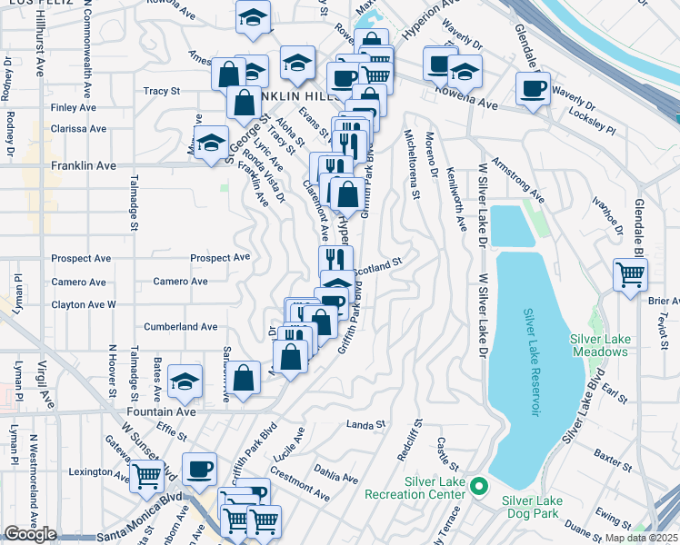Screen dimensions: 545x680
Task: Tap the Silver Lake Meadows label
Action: pos(600,345)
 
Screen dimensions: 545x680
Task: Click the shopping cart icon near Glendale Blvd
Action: pos(630,273)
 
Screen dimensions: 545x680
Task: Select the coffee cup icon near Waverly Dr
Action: pos(533,88)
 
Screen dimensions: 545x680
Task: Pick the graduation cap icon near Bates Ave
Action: pos(185,382)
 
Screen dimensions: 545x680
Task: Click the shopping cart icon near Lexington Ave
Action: pos(145,476)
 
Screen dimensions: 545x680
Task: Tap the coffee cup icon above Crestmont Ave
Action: pos(200,469)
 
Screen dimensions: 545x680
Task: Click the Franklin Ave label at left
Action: pos(84,166)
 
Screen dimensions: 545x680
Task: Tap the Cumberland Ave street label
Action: pos(181,326)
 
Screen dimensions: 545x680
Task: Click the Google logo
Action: pos(30,534)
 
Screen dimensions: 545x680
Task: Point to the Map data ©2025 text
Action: pos(641,538)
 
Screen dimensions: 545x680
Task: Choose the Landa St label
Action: pos(366,424)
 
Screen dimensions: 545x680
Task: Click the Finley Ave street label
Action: pos(74,107)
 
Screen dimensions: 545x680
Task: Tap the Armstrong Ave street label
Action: pos(517,181)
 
